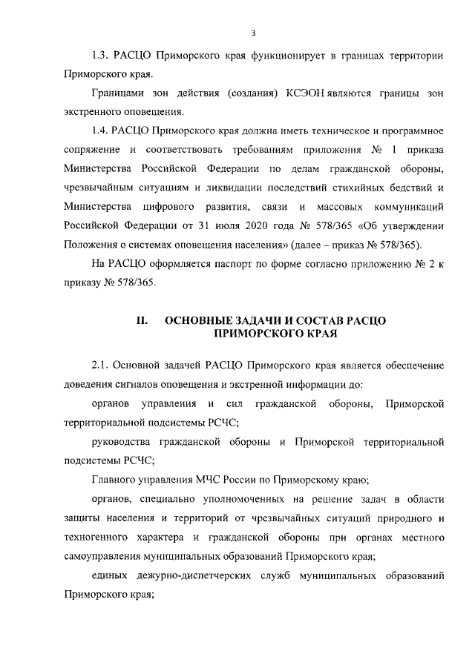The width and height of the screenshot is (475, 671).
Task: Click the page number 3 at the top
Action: point(253,33)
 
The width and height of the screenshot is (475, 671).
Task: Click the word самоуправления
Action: point(105,556)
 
